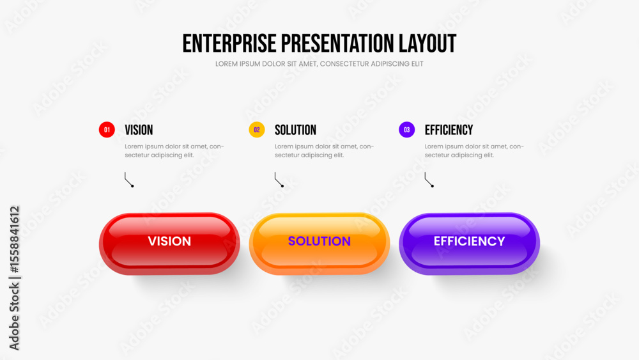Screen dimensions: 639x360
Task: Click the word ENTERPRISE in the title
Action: [229, 43]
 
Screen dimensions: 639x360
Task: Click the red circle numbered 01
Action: [107, 130]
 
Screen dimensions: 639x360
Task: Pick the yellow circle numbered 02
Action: [257, 130]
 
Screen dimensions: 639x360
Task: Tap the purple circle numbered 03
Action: [406, 130]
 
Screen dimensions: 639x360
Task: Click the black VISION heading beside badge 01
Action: [139, 130]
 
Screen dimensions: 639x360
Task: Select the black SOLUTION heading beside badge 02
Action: [295, 130]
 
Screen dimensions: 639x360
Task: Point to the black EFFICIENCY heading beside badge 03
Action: [449, 130]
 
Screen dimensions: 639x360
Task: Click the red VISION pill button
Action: [169, 244]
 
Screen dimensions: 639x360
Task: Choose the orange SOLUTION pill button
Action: [319, 244]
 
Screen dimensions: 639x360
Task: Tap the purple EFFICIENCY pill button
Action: [470, 244]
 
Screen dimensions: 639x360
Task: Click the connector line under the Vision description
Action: [127, 180]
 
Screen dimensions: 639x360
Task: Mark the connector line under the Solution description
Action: [277, 180]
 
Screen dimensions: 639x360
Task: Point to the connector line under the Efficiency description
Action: [427, 180]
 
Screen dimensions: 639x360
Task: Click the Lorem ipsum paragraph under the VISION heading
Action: [174, 150]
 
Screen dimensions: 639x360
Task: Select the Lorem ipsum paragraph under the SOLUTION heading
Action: [325, 150]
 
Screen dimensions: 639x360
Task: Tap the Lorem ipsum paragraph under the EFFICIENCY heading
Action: [474, 150]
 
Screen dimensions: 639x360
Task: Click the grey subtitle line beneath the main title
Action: [319, 63]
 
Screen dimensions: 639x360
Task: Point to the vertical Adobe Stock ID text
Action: [14, 278]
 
